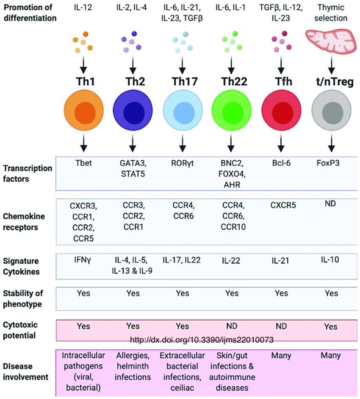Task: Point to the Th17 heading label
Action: click(183, 82)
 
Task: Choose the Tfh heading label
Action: click(280, 82)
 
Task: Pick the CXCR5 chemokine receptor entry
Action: click(280, 206)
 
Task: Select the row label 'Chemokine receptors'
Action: click(25, 222)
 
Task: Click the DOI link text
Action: click(201, 340)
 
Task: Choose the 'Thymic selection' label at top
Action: click(329, 13)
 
